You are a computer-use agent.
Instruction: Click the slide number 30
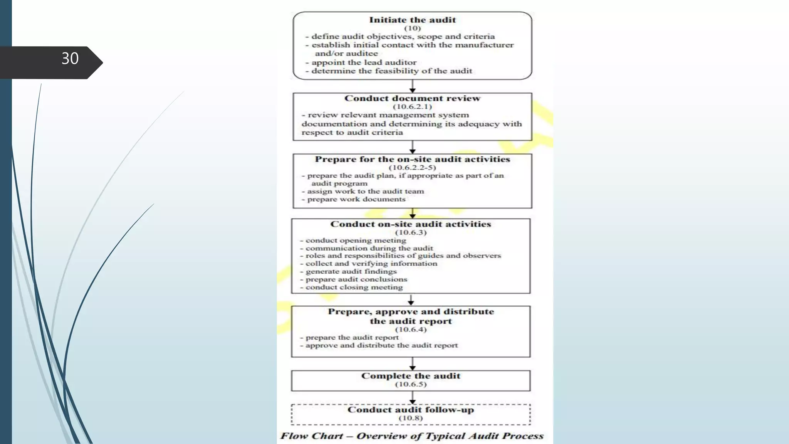click(70, 59)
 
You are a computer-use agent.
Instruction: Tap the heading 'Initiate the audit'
click(412, 20)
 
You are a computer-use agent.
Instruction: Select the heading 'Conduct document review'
click(412, 98)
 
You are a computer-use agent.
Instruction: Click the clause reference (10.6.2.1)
click(412, 107)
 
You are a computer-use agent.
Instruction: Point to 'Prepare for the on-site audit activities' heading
click(412, 159)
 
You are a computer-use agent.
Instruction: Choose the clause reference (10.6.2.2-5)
click(412, 168)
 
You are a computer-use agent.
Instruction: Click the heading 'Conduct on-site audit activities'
click(411, 224)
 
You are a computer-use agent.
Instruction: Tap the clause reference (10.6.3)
click(411, 232)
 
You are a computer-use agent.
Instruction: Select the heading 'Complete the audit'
click(411, 376)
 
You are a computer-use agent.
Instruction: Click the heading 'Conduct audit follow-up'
click(411, 410)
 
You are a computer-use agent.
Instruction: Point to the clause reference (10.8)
click(411, 418)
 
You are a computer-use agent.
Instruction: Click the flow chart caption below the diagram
click(411, 436)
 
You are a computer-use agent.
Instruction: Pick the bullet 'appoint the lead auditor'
click(364, 62)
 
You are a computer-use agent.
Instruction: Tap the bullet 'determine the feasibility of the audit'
click(391, 71)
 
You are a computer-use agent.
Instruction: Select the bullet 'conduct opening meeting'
click(356, 240)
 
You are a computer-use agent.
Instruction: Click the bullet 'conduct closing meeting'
click(354, 287)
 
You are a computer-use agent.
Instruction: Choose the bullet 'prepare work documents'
click(356, 199)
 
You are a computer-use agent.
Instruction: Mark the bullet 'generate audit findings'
click(351, 271)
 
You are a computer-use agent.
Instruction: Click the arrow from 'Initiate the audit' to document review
click(412, 86)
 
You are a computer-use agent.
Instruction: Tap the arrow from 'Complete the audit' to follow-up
click(412, 398)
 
